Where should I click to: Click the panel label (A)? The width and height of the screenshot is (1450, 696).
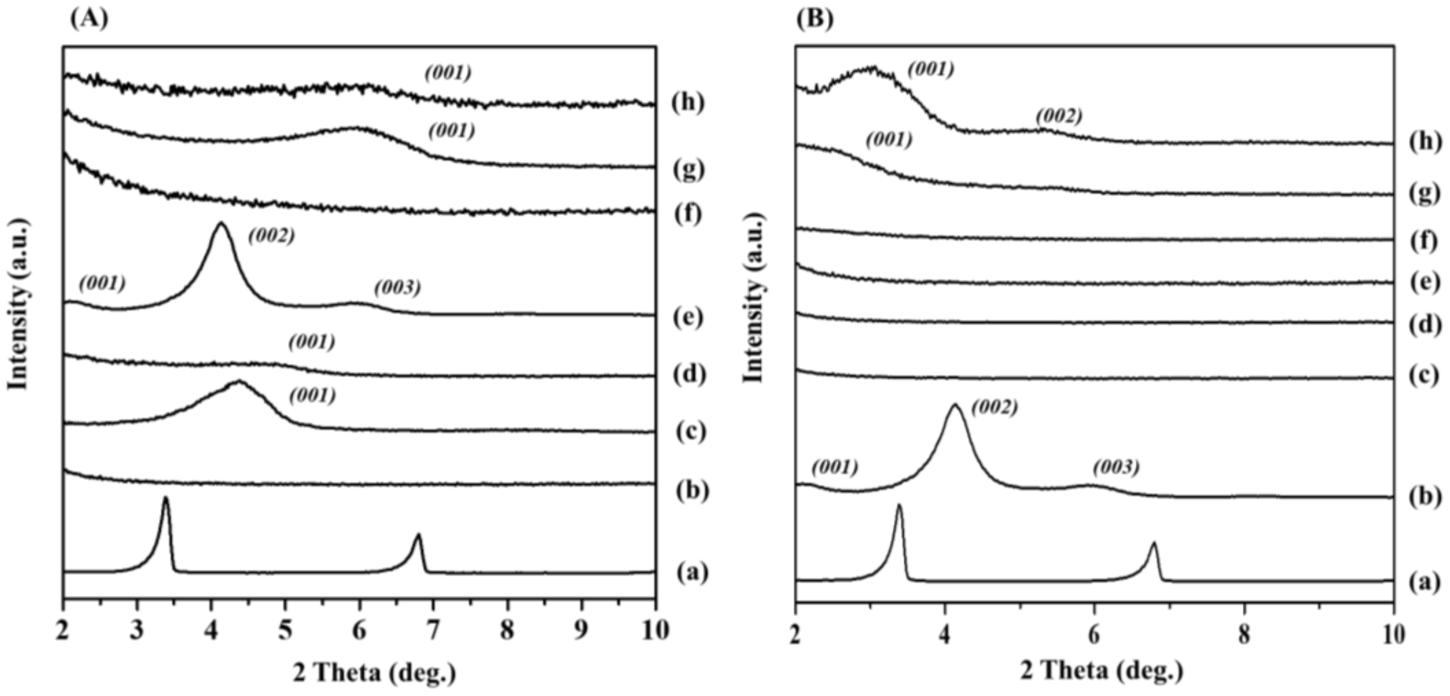(x=89, y=19)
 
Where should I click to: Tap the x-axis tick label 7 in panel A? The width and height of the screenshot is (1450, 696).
(x=433, y=631)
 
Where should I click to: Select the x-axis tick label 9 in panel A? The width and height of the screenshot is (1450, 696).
(x=581, y=631)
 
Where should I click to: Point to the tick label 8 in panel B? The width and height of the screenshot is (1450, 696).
(x=1244, y=635)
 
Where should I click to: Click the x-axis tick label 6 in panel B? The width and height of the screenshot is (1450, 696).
(x=1094, y=635)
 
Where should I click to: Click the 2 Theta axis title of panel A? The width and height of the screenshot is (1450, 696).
(x=374, y=673)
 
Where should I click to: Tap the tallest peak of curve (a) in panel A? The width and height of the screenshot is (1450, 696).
(x=166, y=498)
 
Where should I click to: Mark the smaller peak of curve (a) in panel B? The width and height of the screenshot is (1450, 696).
(x=1154, y=544)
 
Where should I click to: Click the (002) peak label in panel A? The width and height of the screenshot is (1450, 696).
(x=271, y=236)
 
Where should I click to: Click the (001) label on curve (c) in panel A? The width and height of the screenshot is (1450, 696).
(x=313, y=395)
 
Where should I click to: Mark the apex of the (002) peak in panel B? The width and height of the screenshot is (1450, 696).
(x=955, y=405)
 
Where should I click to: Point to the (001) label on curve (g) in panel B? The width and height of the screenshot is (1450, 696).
(x=888, y=140)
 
